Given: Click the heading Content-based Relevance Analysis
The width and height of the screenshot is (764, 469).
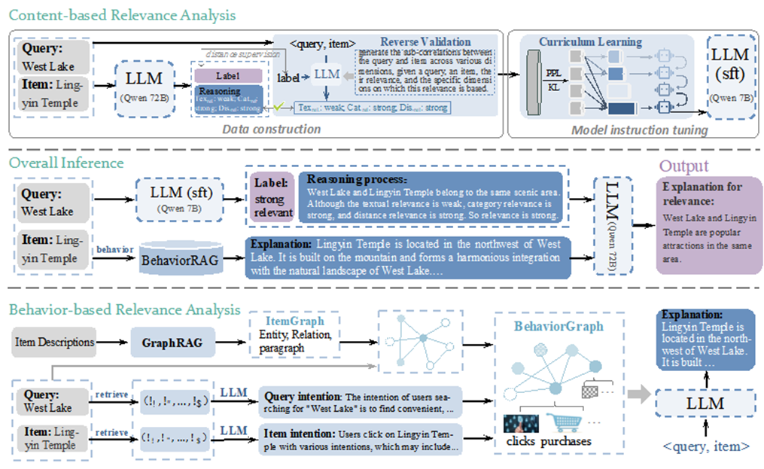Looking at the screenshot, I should click(123, 15).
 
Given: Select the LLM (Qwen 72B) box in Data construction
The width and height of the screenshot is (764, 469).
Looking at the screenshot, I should click(148, 88).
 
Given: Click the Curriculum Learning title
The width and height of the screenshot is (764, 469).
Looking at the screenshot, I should click(590, 41).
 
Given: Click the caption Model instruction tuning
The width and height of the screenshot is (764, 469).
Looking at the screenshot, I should click(639, 129).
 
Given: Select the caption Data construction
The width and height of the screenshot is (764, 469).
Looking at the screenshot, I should click(272, 129).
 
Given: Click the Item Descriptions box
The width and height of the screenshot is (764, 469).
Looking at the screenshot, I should click(54, 343).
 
